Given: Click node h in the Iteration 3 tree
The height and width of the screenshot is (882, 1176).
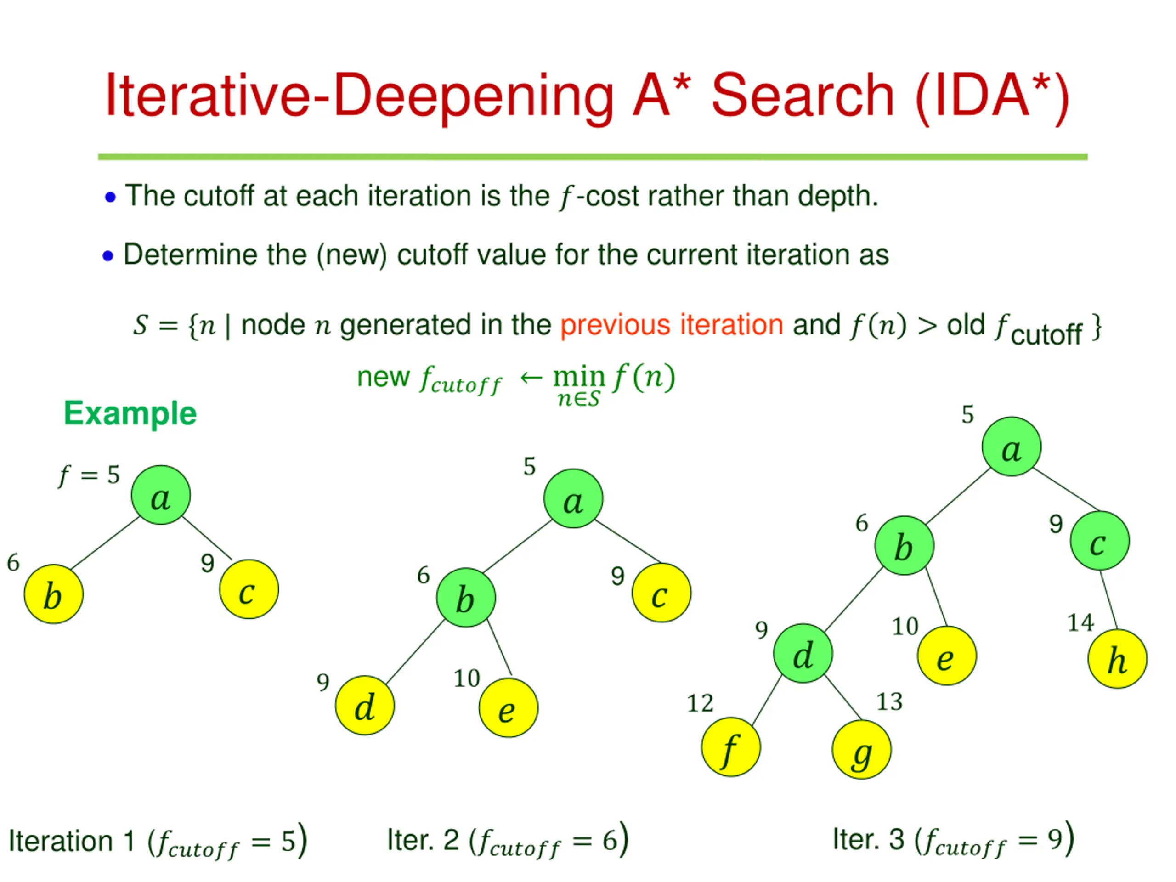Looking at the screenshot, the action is pos(1117,659).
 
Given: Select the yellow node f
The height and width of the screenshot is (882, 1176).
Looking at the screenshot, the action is pos(730,747).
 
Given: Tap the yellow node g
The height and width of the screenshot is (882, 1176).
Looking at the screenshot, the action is pos(861,750).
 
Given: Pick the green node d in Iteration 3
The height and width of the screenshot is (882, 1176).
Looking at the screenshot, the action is pos(803,653).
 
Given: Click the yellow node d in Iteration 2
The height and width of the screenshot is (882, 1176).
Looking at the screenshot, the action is pos(365,706).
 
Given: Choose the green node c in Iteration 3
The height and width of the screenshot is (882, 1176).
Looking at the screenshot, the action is pos(1099,541).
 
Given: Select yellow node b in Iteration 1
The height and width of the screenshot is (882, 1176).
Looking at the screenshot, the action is pos(53,594).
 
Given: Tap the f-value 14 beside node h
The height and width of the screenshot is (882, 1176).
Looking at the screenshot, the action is pos(1080,622).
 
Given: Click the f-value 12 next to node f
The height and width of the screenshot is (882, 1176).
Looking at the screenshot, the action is pos(700,703).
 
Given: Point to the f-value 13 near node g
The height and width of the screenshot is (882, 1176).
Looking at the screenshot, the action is pos(889,702).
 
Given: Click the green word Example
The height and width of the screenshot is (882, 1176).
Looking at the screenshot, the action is pos(130,413).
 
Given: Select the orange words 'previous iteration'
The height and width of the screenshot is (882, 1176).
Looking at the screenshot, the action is pos(672,325).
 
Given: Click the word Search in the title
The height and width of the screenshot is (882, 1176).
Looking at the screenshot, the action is pos(803,96).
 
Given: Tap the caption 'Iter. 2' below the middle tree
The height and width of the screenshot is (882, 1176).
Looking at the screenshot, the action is pos(423,840).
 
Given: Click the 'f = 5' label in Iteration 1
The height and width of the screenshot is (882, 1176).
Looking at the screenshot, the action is pos(89,475).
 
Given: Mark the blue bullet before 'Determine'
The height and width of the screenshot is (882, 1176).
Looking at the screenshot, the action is pos(108,256).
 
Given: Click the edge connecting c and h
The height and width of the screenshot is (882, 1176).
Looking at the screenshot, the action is pos(1109,599).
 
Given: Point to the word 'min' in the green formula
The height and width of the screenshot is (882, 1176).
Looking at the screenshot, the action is pos(579,377).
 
